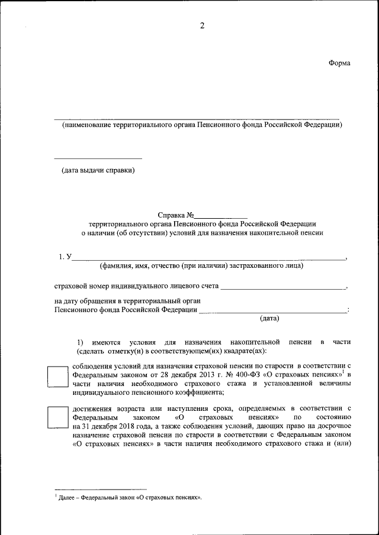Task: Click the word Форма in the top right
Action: tap(339, 63)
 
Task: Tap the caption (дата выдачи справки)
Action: tap(98, 171)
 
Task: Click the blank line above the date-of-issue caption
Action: tap(98, 158)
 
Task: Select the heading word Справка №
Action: tap(176, 215)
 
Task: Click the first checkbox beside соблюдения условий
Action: tap(58, 377)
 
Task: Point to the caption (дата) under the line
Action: tap(269, 318)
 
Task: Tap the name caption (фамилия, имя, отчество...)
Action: tap(201, 265)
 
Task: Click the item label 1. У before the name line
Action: tap(65, 257)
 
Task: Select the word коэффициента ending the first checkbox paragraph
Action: tap(194, 392)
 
